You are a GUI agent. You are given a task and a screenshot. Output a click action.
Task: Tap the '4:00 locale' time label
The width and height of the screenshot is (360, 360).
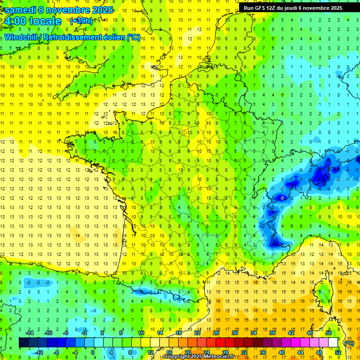[32, 22]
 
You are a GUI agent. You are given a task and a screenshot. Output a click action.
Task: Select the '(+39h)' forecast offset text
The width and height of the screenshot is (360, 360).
[81, 21]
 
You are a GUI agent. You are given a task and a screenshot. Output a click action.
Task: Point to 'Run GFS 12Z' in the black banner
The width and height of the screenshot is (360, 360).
[260, 8]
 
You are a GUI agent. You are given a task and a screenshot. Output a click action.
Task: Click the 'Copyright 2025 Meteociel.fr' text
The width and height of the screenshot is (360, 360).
[199, 357]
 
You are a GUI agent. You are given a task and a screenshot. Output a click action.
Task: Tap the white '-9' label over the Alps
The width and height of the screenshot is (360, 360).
[281, 199]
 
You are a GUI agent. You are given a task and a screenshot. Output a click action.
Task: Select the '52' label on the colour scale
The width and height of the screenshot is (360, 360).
[338, 352]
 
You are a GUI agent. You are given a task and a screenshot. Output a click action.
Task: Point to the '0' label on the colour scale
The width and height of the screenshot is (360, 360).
[93, 352]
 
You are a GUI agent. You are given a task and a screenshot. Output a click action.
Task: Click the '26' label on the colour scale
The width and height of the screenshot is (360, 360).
[216, 333]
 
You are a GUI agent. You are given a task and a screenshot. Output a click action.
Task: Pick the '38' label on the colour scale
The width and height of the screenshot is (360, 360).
[272, 333]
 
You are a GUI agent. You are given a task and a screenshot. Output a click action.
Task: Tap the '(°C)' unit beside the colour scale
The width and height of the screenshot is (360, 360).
[349, 343]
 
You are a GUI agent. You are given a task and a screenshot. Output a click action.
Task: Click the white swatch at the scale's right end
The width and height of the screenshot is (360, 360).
[333, 343]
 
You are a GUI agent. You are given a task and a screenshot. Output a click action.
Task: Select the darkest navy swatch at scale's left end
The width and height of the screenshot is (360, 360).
[23, 343]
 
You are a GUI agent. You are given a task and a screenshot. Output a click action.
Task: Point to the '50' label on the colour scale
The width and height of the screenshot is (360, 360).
[329, 333]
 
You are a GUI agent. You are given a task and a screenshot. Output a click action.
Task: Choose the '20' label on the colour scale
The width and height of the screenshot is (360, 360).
[188, 352]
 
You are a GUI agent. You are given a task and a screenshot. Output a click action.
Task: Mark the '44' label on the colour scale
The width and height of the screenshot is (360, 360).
[300, 352]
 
